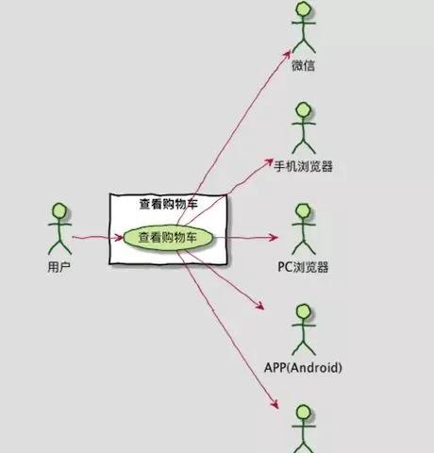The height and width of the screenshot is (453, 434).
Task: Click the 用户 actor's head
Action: [59, 211]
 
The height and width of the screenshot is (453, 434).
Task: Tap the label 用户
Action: [59, 267]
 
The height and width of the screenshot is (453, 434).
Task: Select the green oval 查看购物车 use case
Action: [168, 238]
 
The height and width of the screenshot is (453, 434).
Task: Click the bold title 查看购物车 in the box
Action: [169, 205]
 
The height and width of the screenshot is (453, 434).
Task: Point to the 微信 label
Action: [303, 65]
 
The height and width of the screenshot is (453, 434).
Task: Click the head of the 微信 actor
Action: [304, 9]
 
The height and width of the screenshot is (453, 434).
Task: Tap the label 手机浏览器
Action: [303, 166]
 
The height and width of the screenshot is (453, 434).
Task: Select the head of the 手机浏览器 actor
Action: [304, 110]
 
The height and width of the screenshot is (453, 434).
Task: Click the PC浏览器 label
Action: [303, 267]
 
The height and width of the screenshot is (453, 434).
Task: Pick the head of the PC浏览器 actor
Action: [304, 211]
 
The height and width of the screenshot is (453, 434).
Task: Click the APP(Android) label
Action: [303, 368]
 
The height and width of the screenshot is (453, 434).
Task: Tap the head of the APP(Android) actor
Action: [304, 311]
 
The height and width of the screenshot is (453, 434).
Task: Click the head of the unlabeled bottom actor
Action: [304, 412]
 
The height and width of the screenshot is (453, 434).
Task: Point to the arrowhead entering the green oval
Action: [120, 237]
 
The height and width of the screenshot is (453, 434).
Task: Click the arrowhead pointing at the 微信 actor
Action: [287, 54]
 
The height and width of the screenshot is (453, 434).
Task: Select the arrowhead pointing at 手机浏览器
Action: [269, 161]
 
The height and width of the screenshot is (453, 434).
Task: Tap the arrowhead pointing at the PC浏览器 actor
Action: [274, 237]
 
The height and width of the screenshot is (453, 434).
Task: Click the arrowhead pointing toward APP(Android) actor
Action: [259, 305]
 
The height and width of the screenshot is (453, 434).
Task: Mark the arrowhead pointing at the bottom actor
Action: [275, 404]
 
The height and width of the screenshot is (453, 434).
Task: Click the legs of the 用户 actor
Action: [59, 246]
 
